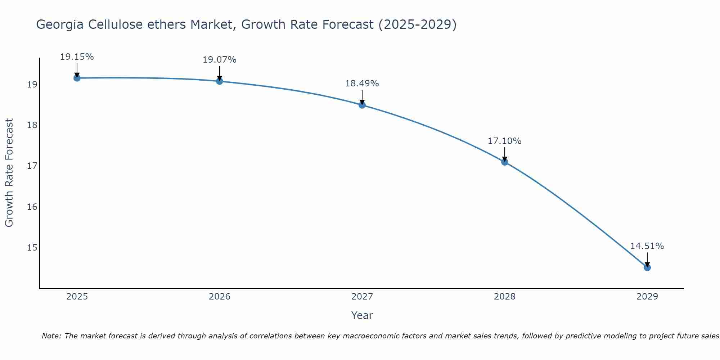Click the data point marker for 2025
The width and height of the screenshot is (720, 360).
[77, 78]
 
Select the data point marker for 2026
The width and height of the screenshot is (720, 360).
[219, 81]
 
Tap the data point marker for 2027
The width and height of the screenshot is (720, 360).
[362, 105]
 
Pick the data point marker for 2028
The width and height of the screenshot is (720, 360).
[504, 162]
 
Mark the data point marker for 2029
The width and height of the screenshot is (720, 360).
[647, 267]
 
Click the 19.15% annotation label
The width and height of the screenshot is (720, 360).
[77, 57]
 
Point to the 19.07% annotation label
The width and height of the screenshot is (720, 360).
[219, 60]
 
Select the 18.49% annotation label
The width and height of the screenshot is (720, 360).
[362, 84]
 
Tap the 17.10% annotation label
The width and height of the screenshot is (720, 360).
[504, 141]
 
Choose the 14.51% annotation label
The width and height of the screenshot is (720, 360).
[647, 246]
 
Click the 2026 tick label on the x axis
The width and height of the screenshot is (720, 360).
[220, 297]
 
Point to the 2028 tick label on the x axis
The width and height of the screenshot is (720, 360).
[505, 297]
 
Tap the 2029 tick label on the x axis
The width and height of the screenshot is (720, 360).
[647, 297]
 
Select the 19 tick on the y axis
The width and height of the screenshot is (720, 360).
[32, 85]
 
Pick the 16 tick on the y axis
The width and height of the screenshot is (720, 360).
[32, 207]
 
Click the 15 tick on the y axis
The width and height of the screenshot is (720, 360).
[32, 247]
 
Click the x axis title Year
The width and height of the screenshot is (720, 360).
[362, 315]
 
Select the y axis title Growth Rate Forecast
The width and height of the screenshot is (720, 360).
[9, 173]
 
